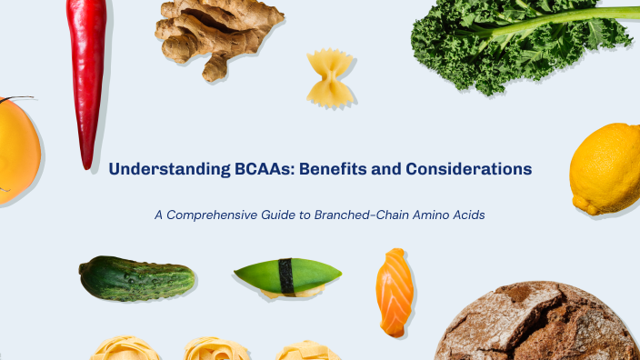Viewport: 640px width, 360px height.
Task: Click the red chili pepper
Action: tap(88, 73)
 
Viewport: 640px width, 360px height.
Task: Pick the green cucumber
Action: tap(136, 278)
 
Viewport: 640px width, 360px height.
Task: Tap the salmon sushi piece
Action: tap(395, 292)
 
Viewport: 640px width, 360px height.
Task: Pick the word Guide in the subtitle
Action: tap(291, 215)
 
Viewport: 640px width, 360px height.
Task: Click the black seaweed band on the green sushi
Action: tap(287, 275)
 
